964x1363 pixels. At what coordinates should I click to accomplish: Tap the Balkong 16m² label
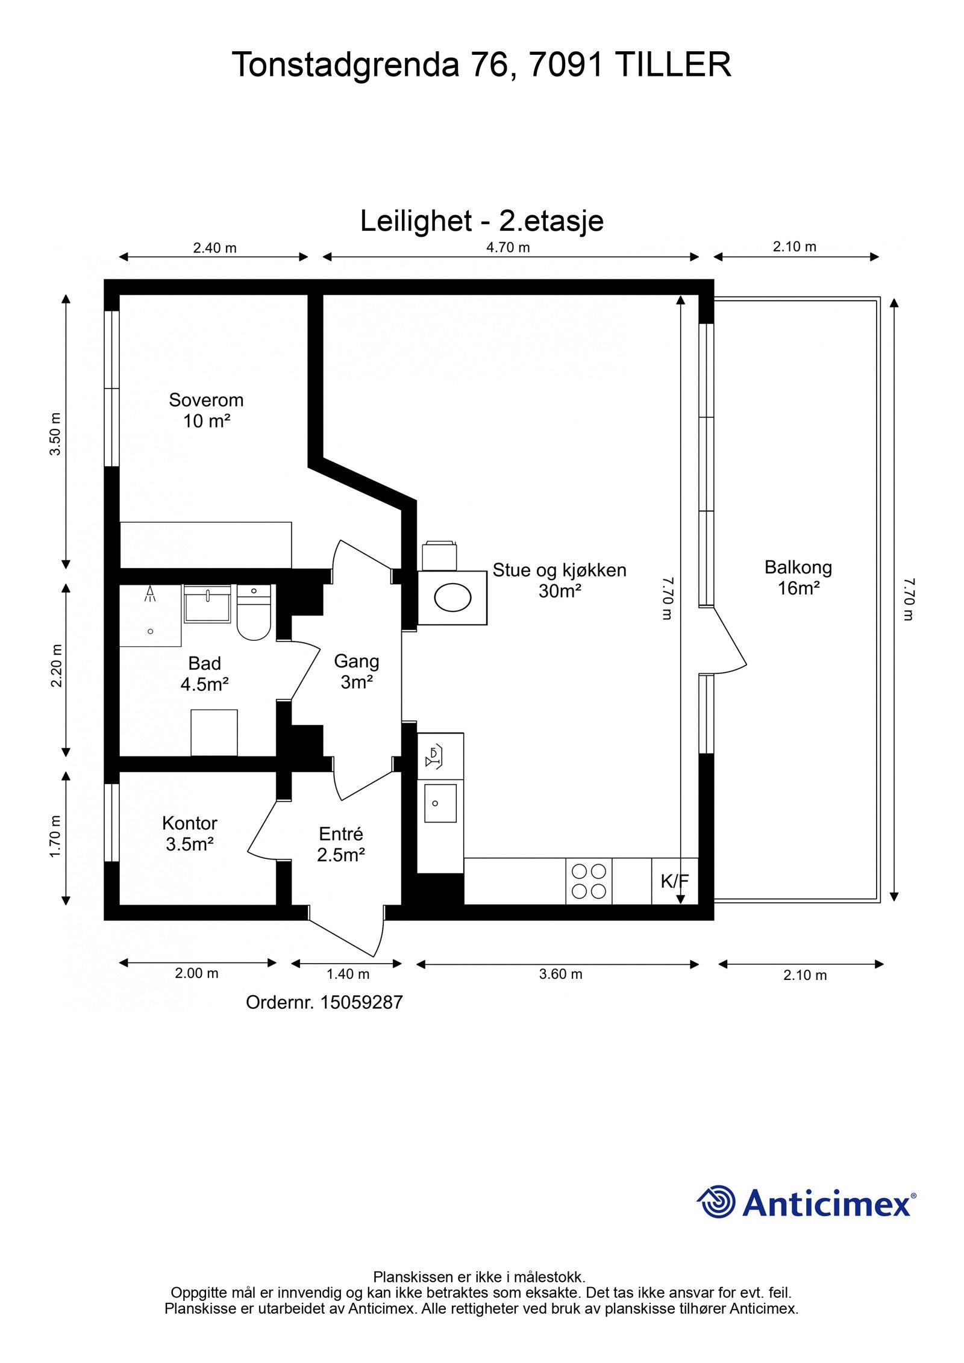tap(798, 577)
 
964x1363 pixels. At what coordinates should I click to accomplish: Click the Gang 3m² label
tap(357, 671)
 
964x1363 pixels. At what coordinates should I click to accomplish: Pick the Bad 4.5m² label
tap(205, 673)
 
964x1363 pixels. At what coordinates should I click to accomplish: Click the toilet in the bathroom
tap(254, 613)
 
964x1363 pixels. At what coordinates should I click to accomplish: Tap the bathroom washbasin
tap(207, 604)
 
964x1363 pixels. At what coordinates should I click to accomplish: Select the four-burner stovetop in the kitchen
tap(589, 881)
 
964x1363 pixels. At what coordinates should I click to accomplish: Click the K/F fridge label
tap(674, 881)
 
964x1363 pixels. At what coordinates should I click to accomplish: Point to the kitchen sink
tap(440, 803)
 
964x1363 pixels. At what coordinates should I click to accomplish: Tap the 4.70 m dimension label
tap(508, 248)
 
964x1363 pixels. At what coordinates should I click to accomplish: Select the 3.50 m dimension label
tap(55, 434)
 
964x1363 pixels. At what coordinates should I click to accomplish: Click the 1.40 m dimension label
tap(348, 974)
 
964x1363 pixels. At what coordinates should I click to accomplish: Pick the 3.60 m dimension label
tap(560, 974)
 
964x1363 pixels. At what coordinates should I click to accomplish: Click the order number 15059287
tap(361, 1002)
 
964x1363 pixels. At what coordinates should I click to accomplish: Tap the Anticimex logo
tap(806, 1202)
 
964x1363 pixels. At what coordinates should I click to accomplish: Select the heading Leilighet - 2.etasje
tap(482, 220)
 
